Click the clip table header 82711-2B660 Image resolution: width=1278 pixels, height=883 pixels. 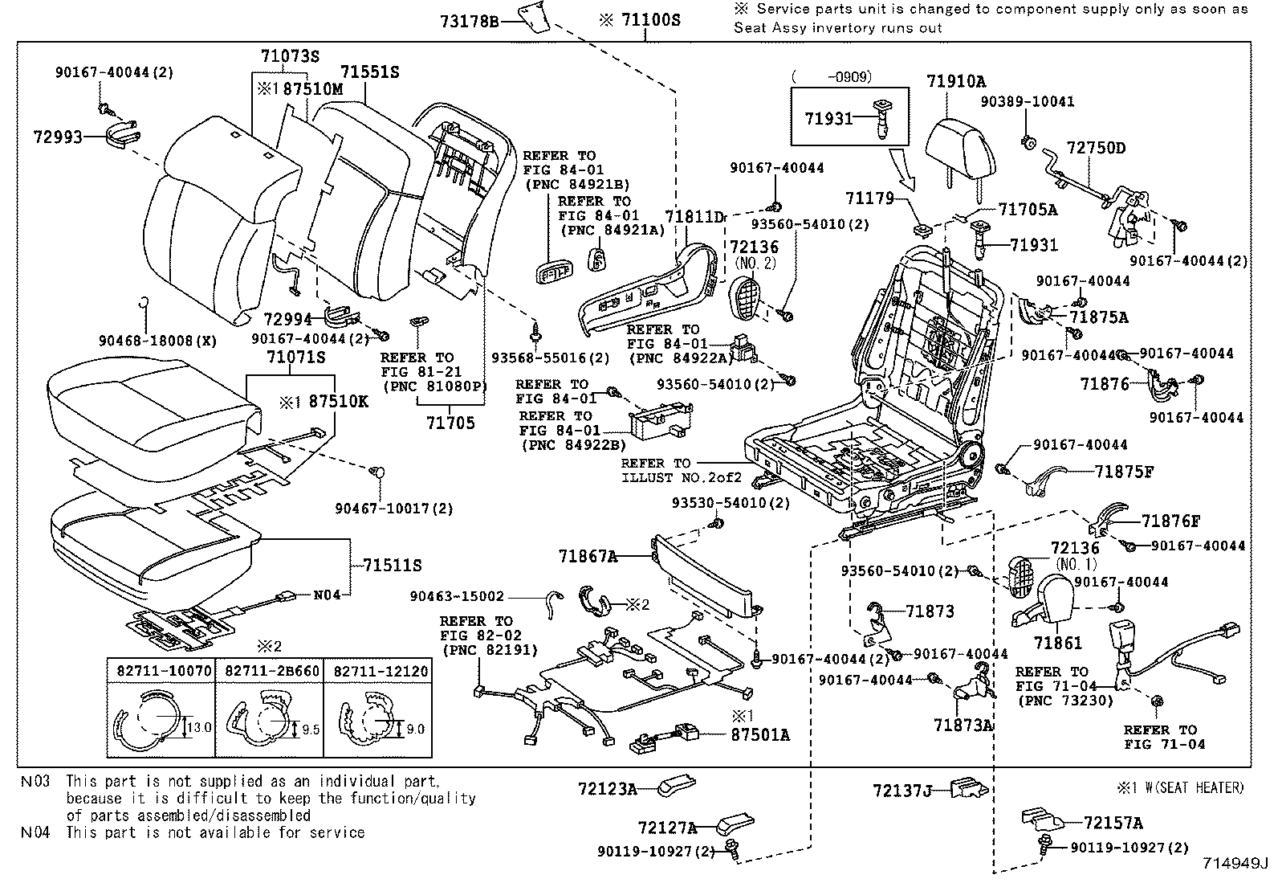pos(270,671)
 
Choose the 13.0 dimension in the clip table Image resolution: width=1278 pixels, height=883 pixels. pos(198,728)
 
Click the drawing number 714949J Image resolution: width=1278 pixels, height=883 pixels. pos(1235,865)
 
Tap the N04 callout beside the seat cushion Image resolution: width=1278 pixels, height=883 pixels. pos(327,595)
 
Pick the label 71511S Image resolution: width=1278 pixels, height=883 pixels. pos(392,566)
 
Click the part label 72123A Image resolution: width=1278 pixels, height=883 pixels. pos(607,789)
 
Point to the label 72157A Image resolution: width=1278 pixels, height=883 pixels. pos(1113,823)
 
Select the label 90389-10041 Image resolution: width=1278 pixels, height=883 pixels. pos(1028,102)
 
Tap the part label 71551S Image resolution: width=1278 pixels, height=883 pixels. pos(368,72)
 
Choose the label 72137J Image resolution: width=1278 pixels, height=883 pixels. pos(902,791)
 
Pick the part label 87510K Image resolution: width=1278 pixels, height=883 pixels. pos(338,401)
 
